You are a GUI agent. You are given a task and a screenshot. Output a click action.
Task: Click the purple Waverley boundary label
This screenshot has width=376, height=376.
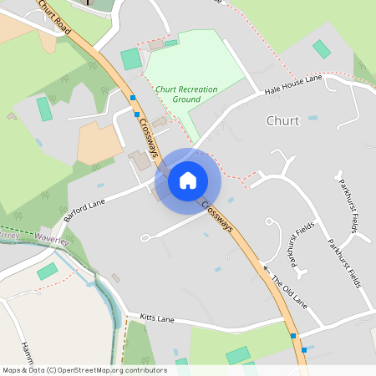coord(54,239)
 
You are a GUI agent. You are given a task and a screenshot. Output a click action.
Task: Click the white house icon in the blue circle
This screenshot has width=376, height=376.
coord(188,180)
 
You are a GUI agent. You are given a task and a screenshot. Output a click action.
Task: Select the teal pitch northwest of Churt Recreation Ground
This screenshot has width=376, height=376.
coord(131,59)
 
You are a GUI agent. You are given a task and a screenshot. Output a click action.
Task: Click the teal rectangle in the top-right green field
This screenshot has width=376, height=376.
coord(322,49)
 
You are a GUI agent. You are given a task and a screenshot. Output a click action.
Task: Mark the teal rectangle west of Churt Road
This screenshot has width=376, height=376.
coord(44,109)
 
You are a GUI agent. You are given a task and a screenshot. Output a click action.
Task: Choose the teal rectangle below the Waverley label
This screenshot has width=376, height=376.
coord(48,271)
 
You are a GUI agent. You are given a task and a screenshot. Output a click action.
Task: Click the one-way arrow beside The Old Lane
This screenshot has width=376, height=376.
coord(267,269)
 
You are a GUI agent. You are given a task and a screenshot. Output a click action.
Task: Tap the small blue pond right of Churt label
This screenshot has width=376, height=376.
coord(313,118)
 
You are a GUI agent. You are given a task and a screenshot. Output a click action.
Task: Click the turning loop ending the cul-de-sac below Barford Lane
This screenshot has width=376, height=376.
coord(145,238)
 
